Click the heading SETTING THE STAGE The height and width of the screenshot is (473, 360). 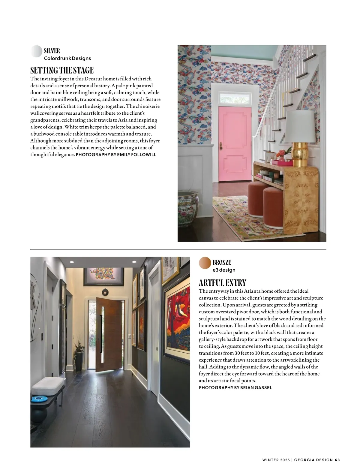(x=62, y=71)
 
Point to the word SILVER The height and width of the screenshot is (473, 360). (x=52, y=51)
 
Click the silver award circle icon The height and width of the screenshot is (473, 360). (x=36, y=51)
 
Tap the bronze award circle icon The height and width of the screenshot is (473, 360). (x=205, y=263)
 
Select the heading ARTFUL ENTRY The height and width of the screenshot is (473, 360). (x=223, y=283)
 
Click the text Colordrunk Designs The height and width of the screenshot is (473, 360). (x=67, y=59)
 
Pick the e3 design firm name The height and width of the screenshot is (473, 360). (x=224, y=270)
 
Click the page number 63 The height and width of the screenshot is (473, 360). (x=337, y=460)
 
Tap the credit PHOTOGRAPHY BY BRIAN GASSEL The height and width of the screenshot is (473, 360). (x=235, y=387)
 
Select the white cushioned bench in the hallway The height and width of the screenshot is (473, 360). (x=48, y=386)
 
